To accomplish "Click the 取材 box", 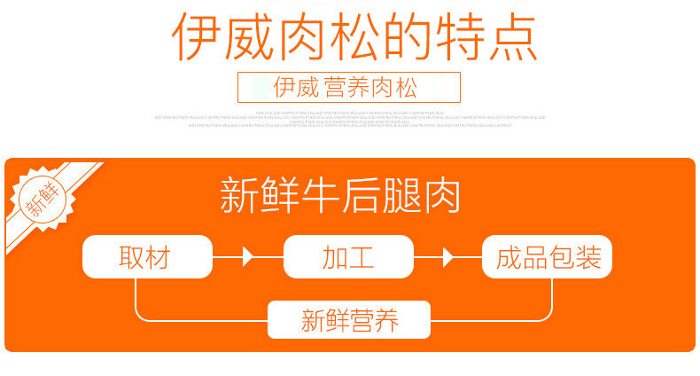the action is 147,257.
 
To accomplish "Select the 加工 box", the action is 348,257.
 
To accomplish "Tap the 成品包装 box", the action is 548,257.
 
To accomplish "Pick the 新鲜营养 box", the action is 348,320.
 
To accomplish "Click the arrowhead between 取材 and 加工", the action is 248,257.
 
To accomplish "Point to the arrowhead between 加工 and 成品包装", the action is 448,257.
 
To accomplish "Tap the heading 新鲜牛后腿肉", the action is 341,196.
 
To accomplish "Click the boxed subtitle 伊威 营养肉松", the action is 349,88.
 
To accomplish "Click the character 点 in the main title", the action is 511,37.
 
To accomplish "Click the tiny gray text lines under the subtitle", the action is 349,119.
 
